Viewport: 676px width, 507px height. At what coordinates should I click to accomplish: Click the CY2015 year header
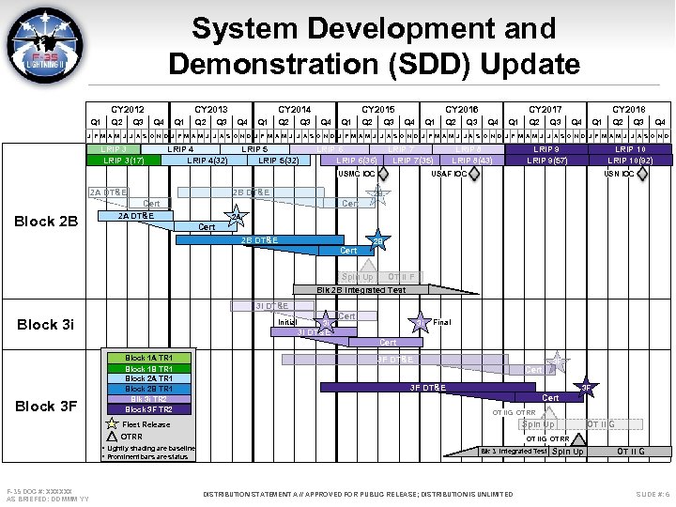pyautogui.click(x=377, y=110)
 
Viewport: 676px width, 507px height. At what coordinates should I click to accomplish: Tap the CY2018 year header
pyautogui.click(x=628, y=110)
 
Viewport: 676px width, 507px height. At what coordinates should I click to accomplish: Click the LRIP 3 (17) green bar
pyautogui.click(x=124, y=161)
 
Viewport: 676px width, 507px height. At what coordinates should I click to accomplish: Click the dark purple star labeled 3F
pyautogui.click(x=585, y=386)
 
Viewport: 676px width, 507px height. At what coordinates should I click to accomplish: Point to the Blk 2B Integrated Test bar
pyautogui.click(x=376, y=289)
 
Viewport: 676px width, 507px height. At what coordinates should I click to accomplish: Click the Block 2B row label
pyautogui.click(x=46, y=222)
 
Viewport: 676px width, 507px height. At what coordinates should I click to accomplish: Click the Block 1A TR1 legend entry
pyautogui.click(x=147, y=358)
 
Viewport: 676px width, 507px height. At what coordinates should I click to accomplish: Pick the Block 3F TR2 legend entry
pyautogui.click(x=147, y=409)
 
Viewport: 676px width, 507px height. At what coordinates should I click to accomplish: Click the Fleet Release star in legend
pyautogui.click(x=112, y=424)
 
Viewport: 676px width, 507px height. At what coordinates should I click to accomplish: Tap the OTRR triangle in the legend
pyautogui.click(x=112, y=437)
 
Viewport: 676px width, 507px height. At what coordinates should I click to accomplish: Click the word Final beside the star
pyautogui.click(x=441, y=322)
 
